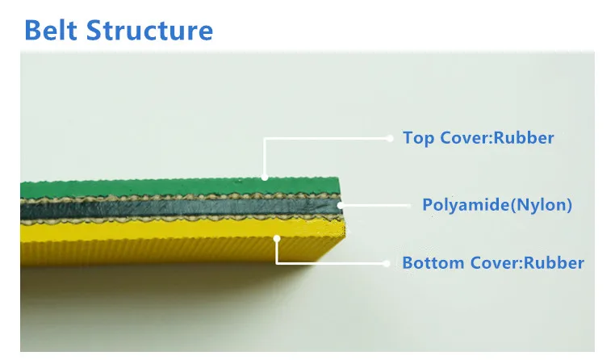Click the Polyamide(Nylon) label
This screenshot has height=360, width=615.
click(x=497, y=205)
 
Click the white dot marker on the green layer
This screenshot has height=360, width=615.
click(x=265, y=178)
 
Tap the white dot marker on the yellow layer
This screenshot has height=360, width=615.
click(x=277, y=237)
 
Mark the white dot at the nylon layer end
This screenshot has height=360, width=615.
click(x=340, y=205)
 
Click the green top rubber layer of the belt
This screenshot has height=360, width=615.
click(x=161, y=188)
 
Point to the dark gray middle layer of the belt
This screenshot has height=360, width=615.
click(x=161, y=211)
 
